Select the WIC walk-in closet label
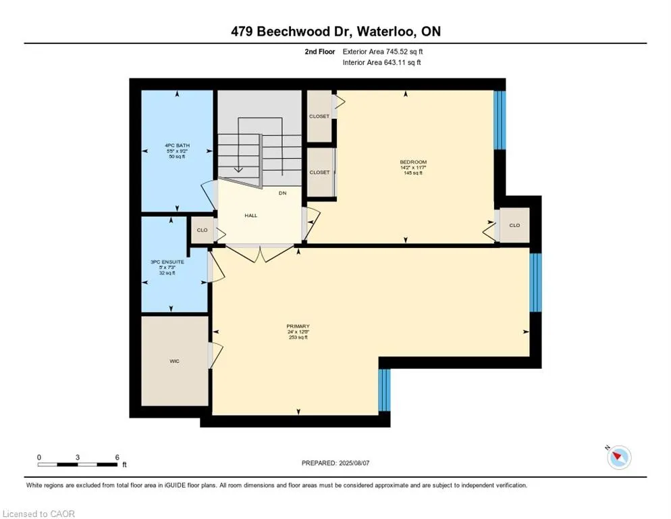[175, 362]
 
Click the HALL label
[250, 216]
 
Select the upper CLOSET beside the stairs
[319, 116]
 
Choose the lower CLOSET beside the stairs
[319, 172]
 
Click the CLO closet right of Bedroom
[514, 225]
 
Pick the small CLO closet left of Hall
[202, 230]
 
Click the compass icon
[618, 458]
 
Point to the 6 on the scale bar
[117, 457]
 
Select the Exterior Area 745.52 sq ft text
[383, 51]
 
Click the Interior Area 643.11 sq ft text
[383, 63]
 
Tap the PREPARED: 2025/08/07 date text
[335, 463]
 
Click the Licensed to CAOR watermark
[38, 514]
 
